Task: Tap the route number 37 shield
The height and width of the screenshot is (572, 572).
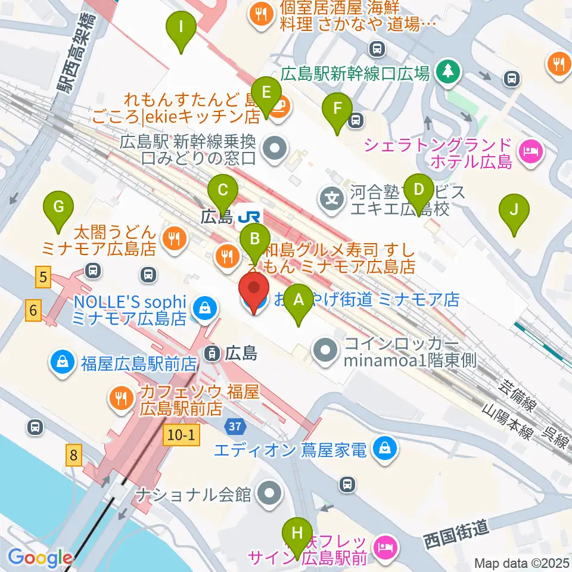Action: pyautogui.click(x=234, y=426)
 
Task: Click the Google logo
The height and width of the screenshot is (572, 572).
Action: pyautogui.click(x=40, y=558)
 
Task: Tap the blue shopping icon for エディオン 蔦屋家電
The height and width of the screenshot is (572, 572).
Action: pyautogui.click(x=386, y=448)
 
